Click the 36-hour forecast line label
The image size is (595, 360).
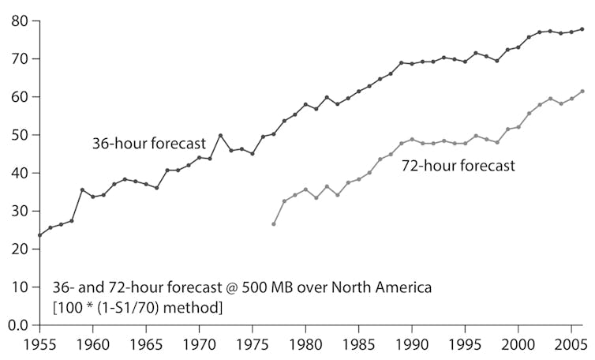point(148,144)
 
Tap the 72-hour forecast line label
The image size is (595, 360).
point(457,166)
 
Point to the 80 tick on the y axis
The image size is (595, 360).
point(20,21)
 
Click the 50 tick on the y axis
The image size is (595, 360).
point(20,134)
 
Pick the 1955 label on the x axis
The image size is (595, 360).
point(39,344)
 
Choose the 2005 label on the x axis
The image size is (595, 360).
point(571,344)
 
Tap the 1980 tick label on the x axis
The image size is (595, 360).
point(305,344)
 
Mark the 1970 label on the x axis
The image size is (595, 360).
point(199,344)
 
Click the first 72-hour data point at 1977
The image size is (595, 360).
point(274,224)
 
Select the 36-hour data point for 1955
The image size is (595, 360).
point(39,235)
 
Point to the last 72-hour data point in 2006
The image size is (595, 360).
point(582,92)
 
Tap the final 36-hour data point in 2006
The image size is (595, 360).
point(582,29)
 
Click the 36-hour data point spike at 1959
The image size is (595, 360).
point(82,189)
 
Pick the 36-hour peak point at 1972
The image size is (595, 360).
point(220,136)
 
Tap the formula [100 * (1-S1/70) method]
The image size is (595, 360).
point(137,306)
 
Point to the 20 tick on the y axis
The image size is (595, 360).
point(20,249)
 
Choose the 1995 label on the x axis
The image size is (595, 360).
point(465,344)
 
